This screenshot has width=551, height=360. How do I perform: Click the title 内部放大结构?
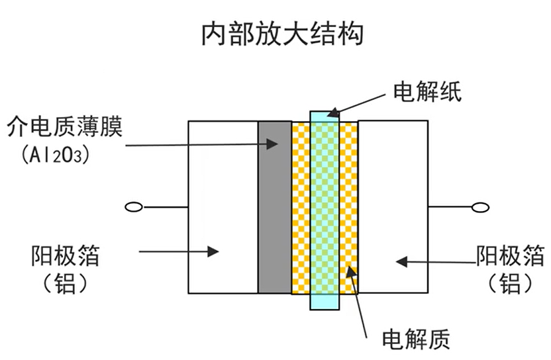tap(282, 34)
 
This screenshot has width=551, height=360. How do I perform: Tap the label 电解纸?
tap(427, 92)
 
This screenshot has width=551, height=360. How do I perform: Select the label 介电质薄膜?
tap(65, 126)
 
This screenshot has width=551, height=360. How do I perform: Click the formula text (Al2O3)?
tap(56, 155)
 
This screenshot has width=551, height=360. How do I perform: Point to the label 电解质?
tap(416, 339)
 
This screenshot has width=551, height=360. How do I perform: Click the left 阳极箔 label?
tap(66, 255)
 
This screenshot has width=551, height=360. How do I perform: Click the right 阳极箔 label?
tap(510, 255)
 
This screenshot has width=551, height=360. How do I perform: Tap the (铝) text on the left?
tap(65, 283)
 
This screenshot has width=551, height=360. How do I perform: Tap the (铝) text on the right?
tap(510, 283)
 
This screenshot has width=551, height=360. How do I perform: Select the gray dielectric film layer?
tap(275, 207)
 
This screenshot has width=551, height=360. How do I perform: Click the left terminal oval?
tap(134, 207)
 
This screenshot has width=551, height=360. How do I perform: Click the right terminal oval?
tap(480, 208)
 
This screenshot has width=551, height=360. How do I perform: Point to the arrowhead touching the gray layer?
tap(272, 144)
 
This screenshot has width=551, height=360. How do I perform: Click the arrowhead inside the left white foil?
tap(213, 251)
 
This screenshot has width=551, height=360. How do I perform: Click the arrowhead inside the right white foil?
tap(401, 261)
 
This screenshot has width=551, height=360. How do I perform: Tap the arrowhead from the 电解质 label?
tap(352, 272)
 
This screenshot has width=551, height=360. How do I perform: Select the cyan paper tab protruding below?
tap(325, 302)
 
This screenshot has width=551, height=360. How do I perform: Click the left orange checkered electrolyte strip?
tap(301, 208)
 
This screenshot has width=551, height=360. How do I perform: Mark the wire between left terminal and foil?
tap(165, 207)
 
